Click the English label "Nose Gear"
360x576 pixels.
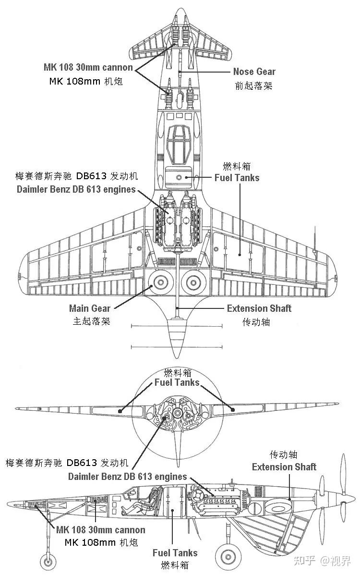[x=254, y=72]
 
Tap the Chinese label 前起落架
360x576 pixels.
[x=253, y=86]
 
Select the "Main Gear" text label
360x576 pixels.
[x=90, y=308]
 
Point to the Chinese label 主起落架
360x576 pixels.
[x=91, y=321]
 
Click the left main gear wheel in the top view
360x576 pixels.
[x=161, y=282]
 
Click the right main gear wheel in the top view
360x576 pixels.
[x=193, y=282]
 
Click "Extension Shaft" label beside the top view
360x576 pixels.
[x=259, y=308]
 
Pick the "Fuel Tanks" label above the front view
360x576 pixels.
[x=177, y=382]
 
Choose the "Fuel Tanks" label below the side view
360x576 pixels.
[x=175, y=553]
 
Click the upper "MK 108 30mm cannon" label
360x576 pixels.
[x=88, y=67]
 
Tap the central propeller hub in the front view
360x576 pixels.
[x=177, y=413]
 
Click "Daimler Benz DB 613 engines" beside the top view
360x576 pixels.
[x=76, y=190]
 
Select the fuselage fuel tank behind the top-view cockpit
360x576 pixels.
[x=179, y=177]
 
